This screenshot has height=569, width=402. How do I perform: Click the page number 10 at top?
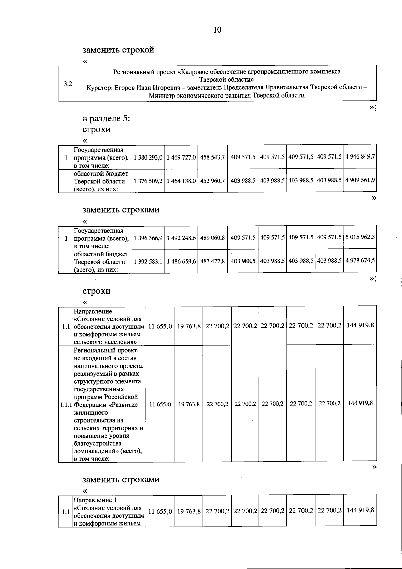(x=217, y=30)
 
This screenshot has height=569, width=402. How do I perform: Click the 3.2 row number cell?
(x=68, y=84)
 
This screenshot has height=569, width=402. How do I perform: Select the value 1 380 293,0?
(x=148, y=157)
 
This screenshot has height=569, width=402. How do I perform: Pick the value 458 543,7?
(x=212, y=157)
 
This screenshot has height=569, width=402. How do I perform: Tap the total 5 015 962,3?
(x=360, y=237)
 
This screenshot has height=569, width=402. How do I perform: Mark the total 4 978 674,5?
(x=360, y=261)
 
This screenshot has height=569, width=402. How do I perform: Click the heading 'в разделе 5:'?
(x=106, y=119)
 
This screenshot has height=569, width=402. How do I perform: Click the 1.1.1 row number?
(x=66, y=405)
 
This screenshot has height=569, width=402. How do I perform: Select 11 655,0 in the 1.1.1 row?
(x=160, y=405)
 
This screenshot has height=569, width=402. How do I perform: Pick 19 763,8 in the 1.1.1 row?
(x=189, y=405)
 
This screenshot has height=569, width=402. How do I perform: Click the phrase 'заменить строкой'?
(x=119, y=50)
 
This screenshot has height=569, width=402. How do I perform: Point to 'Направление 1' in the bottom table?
(x=95, y=500)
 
